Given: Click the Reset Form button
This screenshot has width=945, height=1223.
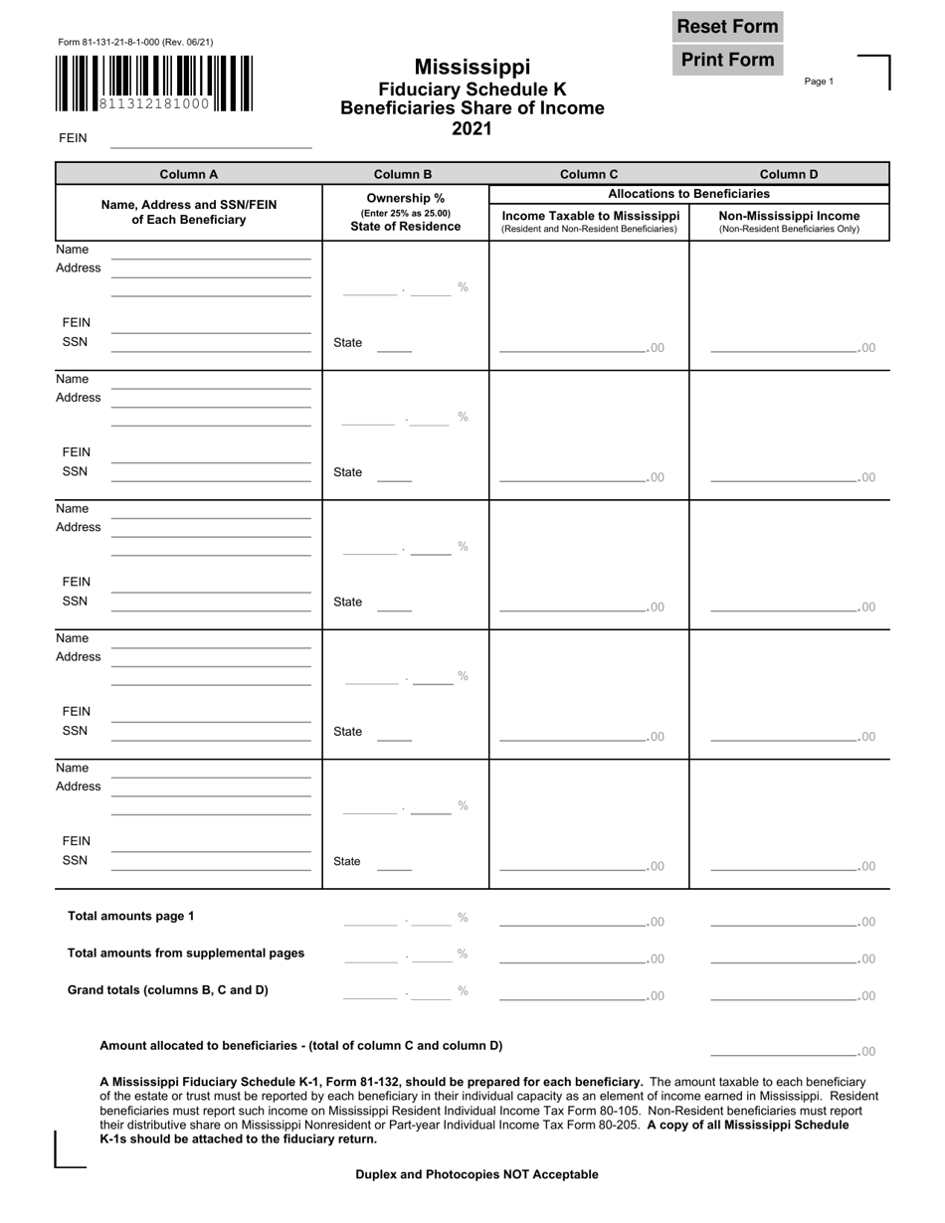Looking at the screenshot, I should (x=727, y=27).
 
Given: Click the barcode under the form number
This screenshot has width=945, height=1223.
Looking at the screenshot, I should (x=154, y=84).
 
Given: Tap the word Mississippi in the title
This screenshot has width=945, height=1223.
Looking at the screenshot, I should (x=472, y=68).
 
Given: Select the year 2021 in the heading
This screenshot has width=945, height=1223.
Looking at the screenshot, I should (x=472, y=128).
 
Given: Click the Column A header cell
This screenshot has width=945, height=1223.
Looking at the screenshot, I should (x=188, y=174).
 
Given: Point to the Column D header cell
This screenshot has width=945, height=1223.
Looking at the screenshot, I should (x=789, y=174).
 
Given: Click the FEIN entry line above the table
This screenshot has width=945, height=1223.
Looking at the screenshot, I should (x=211, y=140).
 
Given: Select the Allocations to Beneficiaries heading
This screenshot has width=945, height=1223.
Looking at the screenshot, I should (x=688, y=194).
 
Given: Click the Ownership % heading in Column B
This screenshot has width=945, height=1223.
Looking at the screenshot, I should (x=405, y=198).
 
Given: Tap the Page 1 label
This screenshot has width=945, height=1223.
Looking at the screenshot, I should (x=819, y=82).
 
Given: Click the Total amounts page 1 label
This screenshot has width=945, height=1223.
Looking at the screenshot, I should (x=130, y=916).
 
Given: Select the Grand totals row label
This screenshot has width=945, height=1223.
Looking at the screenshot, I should (x=167, y=990).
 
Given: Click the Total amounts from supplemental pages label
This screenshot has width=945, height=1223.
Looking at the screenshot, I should (x=186, y=953).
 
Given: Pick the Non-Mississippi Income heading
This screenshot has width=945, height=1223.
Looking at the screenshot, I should (x=789, y=216).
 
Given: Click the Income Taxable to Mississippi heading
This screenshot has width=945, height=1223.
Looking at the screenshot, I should (x=591, y=216).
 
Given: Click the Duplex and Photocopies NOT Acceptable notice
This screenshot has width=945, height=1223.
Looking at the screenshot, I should (x=476, y=1174).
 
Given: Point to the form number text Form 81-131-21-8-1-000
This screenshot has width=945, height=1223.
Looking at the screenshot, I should (x=135, y=42).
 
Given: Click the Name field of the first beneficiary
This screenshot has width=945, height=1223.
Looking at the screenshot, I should (x=211, y=252).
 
